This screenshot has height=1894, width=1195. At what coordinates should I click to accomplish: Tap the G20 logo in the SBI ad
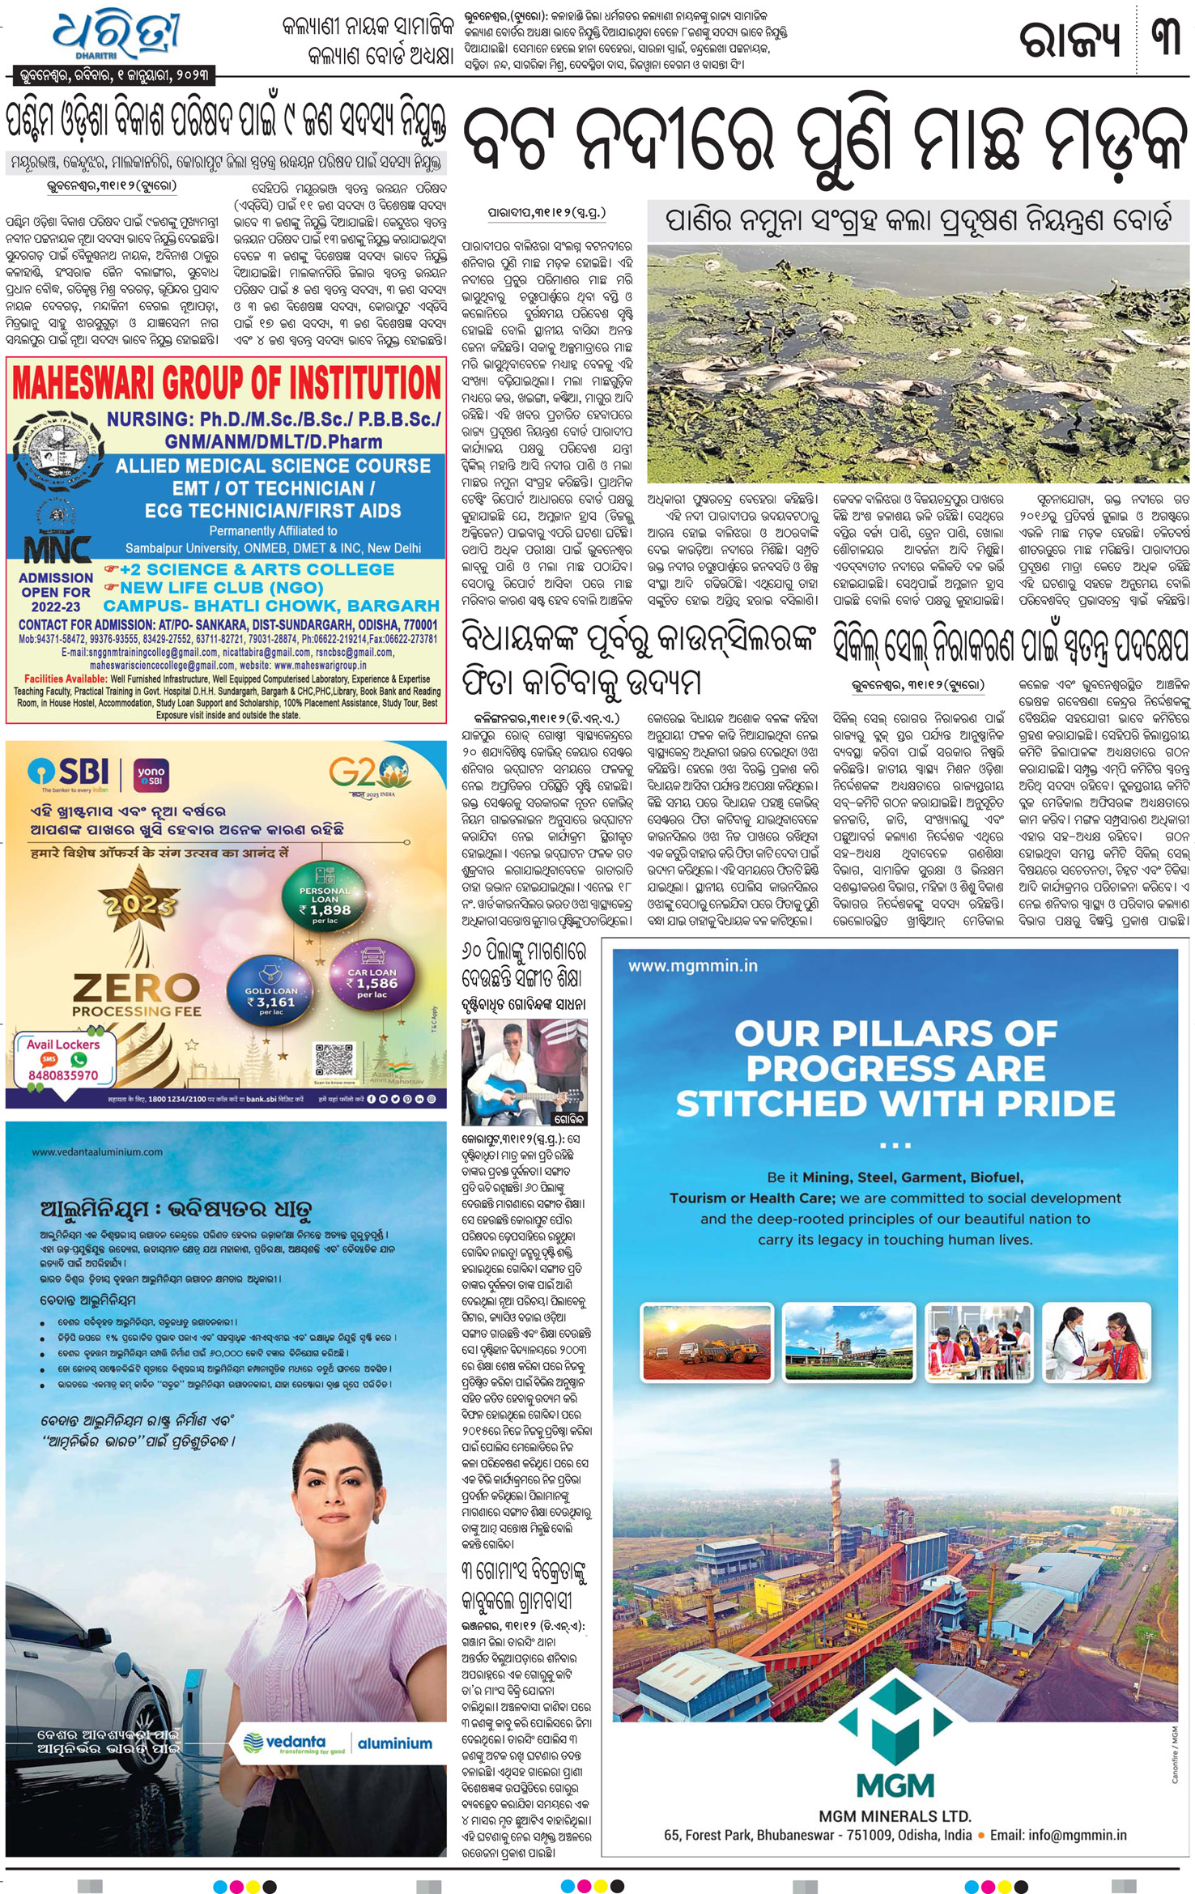pos(368,774)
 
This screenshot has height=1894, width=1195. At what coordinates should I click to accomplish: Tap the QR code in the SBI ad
pos(334,1060)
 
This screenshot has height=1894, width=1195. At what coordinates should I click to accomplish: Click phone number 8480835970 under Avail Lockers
pos(63,1075)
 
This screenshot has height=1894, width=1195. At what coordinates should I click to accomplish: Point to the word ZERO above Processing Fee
pos(136,987)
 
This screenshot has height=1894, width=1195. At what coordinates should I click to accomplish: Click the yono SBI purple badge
pos(151,775)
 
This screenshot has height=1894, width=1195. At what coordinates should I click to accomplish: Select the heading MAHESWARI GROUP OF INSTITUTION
pos(227,382)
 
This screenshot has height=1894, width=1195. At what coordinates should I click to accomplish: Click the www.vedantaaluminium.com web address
pos(97,1151)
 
